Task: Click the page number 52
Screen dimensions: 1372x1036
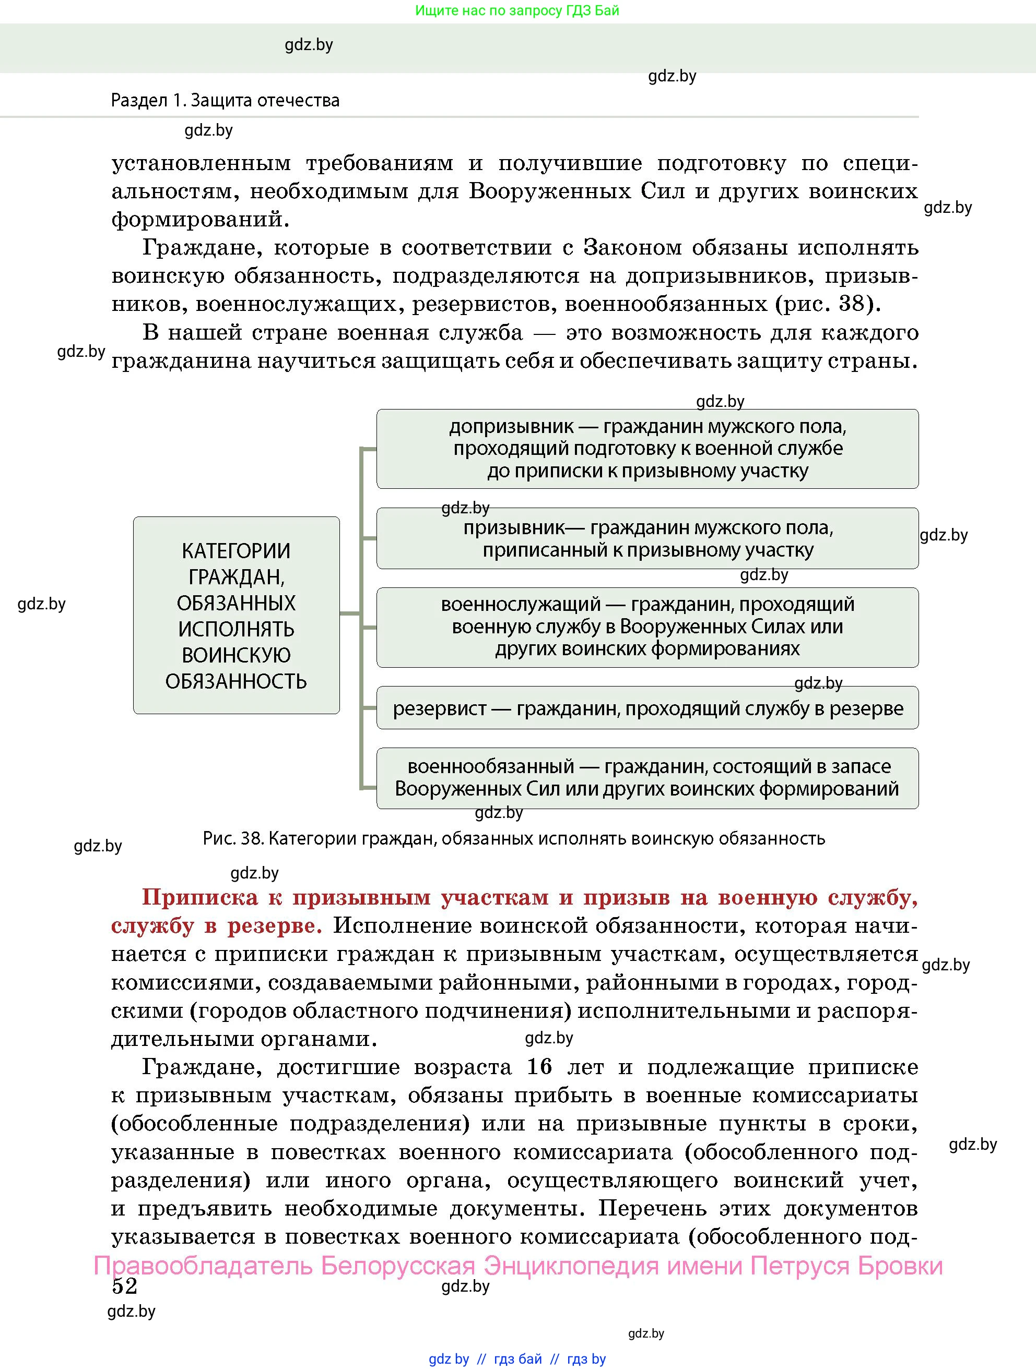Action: [124, 1286]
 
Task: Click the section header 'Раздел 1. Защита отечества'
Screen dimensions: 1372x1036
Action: [225, 101]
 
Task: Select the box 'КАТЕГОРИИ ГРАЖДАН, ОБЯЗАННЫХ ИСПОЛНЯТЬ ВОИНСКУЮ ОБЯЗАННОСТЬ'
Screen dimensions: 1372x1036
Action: [236, 615]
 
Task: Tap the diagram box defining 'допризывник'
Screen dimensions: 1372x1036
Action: [647, 449]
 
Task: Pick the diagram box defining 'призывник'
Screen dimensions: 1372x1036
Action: [647, 538]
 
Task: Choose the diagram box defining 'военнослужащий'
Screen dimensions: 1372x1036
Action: [647, 627]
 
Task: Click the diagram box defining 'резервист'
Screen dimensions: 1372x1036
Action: [647, 708]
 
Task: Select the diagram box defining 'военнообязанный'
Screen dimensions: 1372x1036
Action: [647, 778]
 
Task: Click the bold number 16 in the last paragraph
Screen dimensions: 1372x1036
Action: [539, 1066]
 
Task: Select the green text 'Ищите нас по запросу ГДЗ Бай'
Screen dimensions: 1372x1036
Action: [516, 10]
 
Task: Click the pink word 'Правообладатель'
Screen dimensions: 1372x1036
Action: [203, 1265]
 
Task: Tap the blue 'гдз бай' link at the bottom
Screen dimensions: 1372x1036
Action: [517, 1359]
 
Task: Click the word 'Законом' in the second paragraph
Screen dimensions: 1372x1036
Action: [629, 247]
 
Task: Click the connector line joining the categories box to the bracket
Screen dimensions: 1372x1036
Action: [350, 613]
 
